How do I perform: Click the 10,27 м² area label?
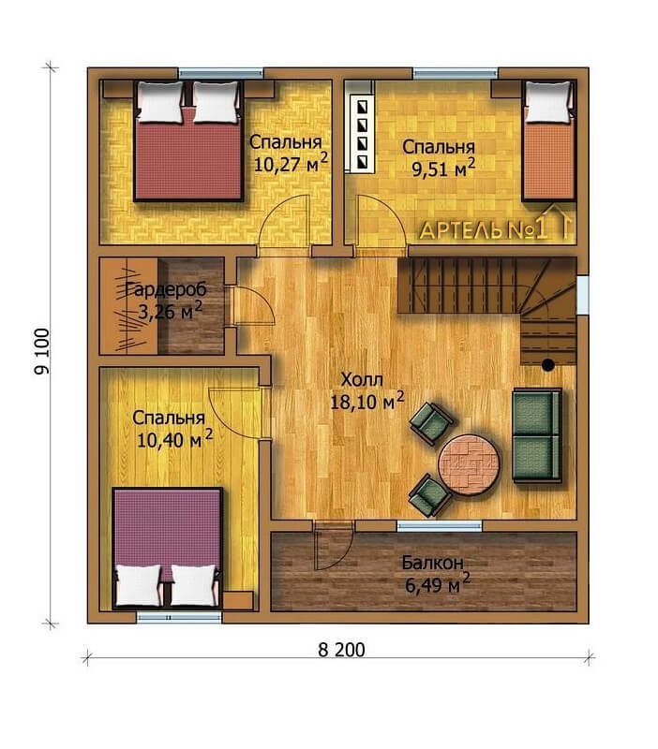click(291, 164)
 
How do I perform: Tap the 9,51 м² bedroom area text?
click(443, 169)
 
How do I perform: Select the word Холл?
click(362, 380)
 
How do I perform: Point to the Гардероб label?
click(166, 290)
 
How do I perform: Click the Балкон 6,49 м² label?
click(435, 573)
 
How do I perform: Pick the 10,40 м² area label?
click(174, 439)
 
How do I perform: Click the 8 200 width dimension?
click(341, 650)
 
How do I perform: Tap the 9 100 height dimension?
click(42, 351)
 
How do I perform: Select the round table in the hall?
click(469, 463)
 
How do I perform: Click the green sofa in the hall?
click(536, 435)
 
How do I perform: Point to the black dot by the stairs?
click(547, 365)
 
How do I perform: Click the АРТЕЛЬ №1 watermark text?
click(483, 230)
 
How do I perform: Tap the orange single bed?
click(548, 141)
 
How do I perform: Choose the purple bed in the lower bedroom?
click(168, 548)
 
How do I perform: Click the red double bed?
click(188, 141)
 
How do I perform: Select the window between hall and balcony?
click(440, 526)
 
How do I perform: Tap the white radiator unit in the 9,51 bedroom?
click(363, 133)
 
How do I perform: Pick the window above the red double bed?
click(221, 74)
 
